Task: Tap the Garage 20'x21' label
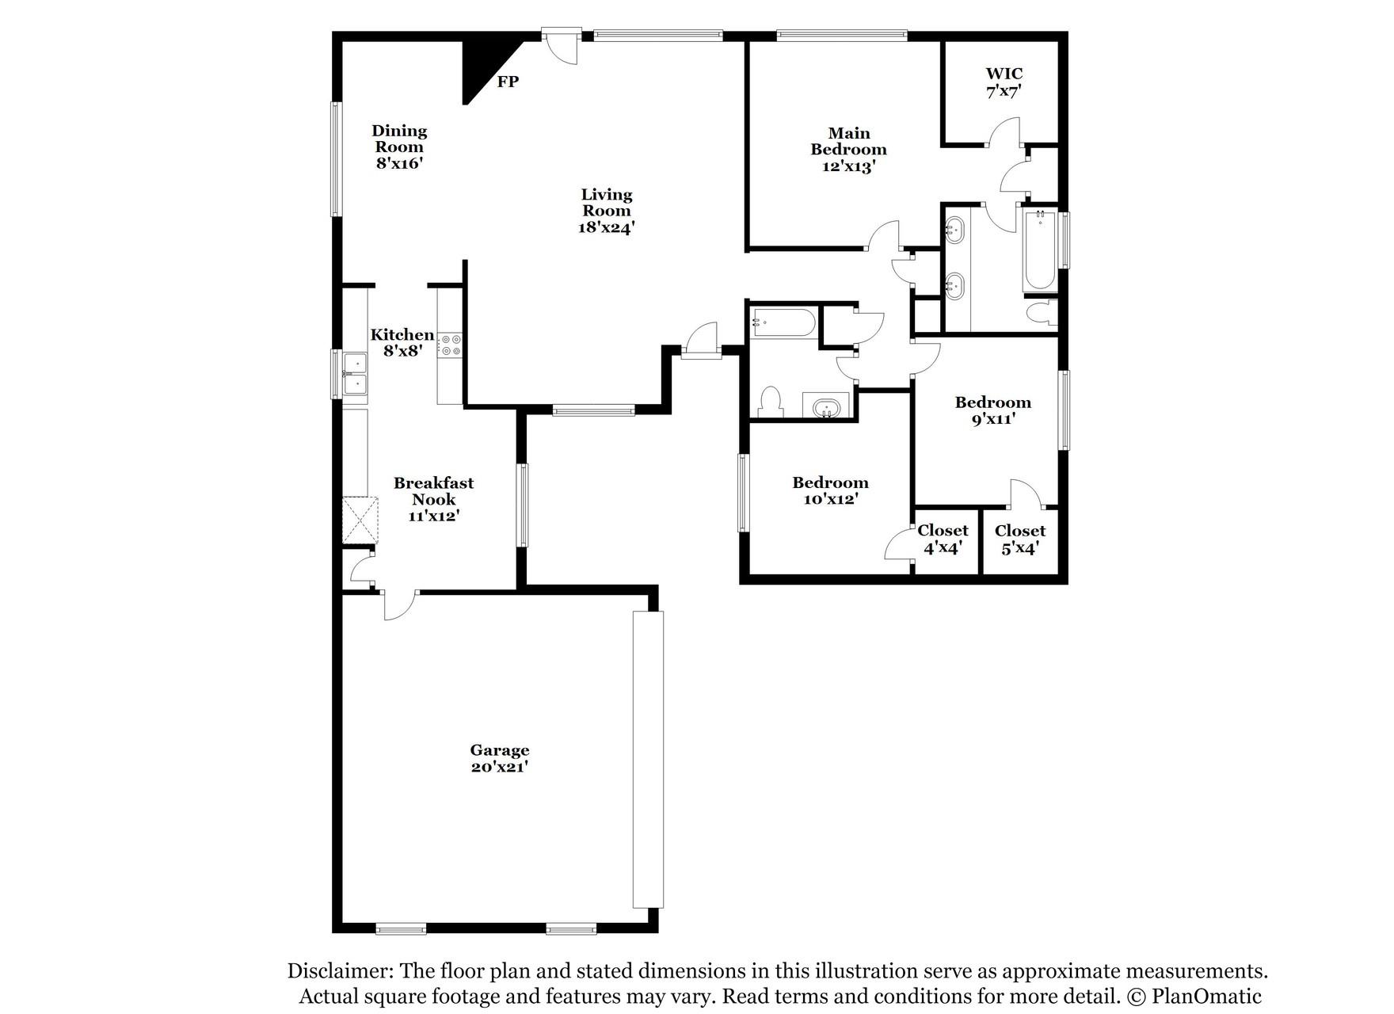[x=499, y=758]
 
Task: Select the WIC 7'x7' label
[x=1004, y=82]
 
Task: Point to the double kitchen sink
[x=356, y=374]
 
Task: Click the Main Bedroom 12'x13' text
[x=848, y=150]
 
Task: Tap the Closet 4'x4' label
[x=943, y=539]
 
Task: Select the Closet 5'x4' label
[x=1019, y=539]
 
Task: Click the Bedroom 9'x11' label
[x=992, y=410]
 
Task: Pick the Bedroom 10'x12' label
[x=830, y=490]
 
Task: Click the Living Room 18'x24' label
[x=607, y=211]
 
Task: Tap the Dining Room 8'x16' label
[x=399, y=147]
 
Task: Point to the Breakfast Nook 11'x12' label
[x=433, y=499]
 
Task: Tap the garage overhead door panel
[x=648, y=759]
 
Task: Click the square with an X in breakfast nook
[x=360, y=520]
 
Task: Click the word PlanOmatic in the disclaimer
[x=1206, y=996]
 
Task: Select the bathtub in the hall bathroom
[x=783, y=323]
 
